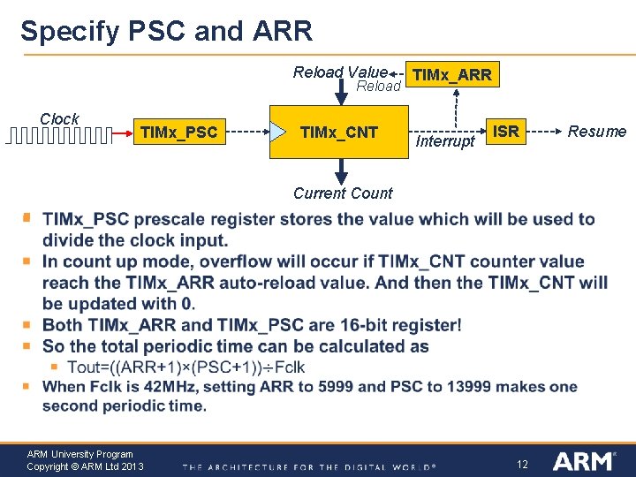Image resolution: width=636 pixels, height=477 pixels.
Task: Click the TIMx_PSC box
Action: click(178, 132)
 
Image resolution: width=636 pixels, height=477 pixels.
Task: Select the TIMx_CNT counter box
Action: click(339, 132)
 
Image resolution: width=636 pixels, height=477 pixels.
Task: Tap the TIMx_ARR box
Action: click(451, 75)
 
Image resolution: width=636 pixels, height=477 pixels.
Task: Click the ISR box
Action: click(505, 132)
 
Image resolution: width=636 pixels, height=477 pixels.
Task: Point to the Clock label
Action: click(59, 118)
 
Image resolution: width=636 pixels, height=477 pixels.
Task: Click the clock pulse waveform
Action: click(60, 135)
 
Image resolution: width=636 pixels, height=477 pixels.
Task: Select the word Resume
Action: click(596, 132)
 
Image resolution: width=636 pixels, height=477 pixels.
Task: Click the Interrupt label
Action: click(444, 141)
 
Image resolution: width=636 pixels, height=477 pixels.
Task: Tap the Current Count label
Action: click(343, 193)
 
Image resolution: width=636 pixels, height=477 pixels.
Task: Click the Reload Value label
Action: click(340, 72)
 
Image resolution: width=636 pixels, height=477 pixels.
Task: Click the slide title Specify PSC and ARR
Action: click(166, 31)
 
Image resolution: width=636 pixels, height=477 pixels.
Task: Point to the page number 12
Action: click(521, 464)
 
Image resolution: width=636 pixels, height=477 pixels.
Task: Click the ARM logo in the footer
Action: click(583, 461)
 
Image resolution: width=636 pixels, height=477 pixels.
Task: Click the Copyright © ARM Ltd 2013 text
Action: click(85, 466)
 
